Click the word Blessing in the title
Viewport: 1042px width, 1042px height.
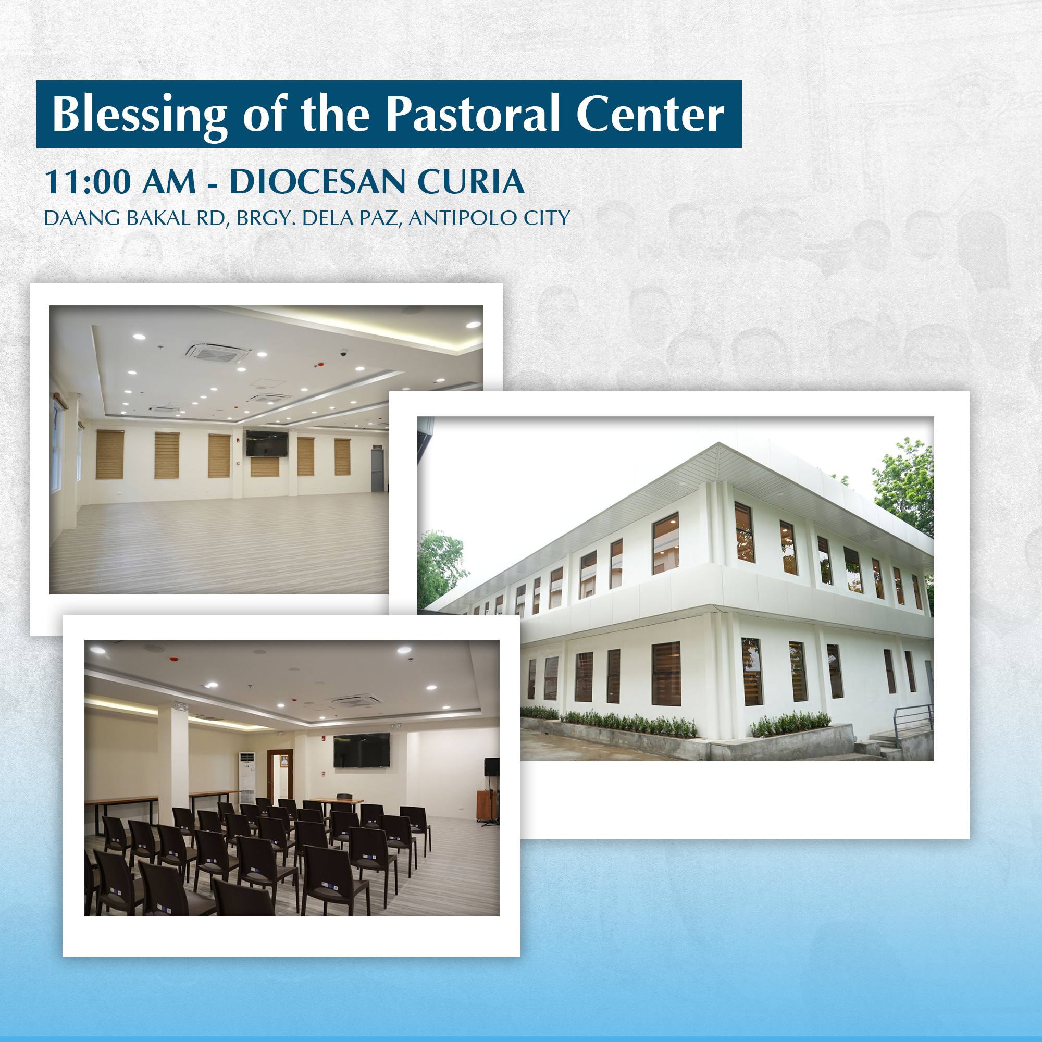(x=139, y=114)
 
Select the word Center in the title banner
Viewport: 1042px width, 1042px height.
(x=650, y=114)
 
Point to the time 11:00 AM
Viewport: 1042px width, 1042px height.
(x=120, y=182)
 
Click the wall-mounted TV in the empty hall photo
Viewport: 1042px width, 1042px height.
(x=266, y=443)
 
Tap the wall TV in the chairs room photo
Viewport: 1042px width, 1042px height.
(x=362, y=750)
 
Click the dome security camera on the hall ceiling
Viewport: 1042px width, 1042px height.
(x=343, y=354)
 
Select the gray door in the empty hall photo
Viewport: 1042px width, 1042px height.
(x=377, y=470)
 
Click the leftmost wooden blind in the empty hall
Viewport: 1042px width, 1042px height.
(x=109, y=455)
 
